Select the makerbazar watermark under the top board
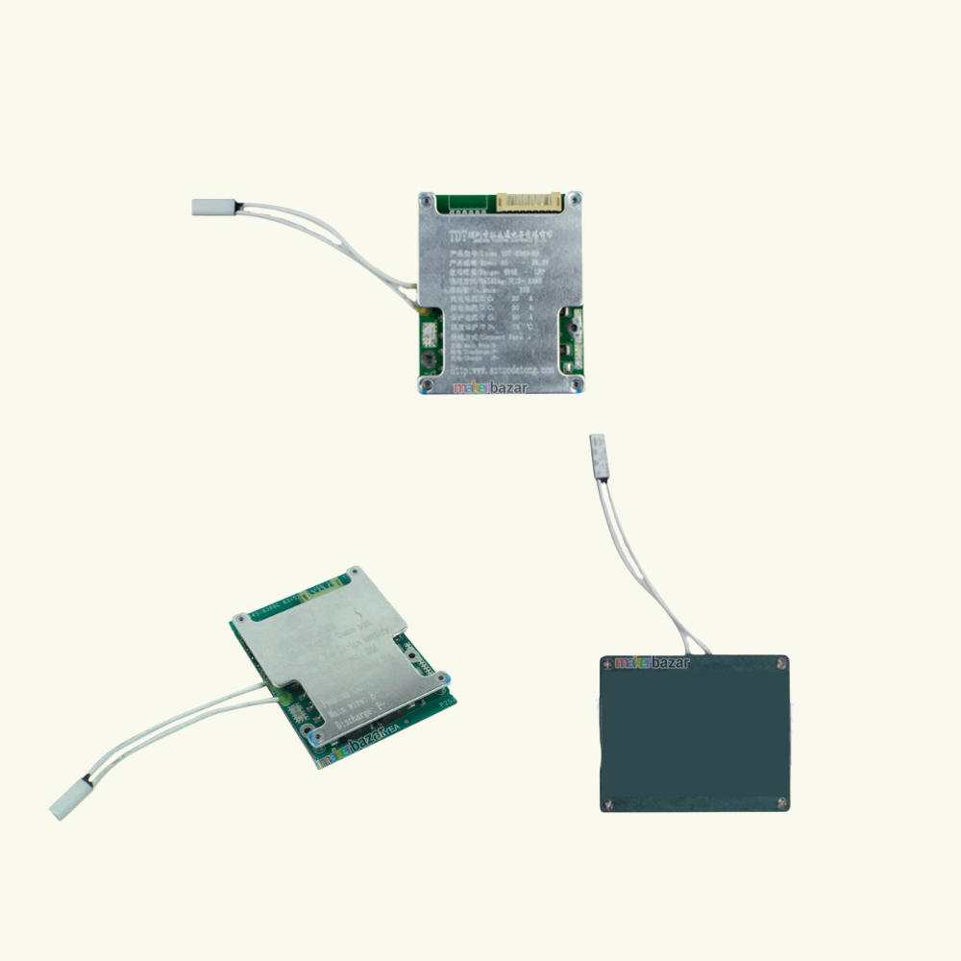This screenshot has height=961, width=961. [491, 389]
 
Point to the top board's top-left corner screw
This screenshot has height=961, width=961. [427, 199]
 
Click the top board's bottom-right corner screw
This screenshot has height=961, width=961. [575, 385]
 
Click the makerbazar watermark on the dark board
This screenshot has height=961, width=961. [653, 662]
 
